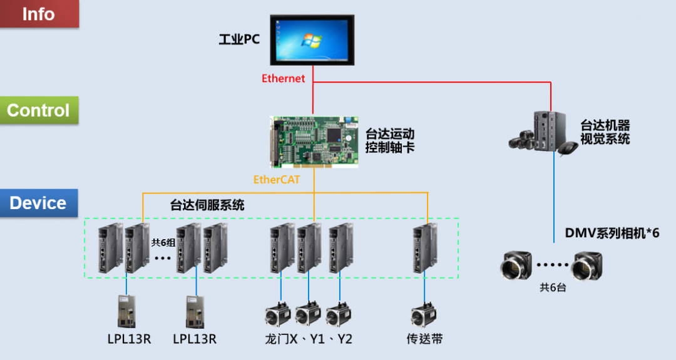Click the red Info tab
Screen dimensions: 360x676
[x=39, y=14]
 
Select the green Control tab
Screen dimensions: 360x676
[x=38, y=110]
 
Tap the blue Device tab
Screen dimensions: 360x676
[x=38, y=203]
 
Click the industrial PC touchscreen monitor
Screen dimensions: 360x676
[x=312, y=39]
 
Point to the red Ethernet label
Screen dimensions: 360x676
[x=283, y=78]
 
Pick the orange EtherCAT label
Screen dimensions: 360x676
[x=277, y=180]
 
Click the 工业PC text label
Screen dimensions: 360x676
[x=238, y=40]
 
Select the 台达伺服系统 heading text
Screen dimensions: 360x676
[x=207, y=205]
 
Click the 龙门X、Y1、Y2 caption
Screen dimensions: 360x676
[x=309, y=339]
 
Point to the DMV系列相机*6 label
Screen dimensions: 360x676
[x=612, y=233]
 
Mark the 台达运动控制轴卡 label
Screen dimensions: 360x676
[x=389, y=141]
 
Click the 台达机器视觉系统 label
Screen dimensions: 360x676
[x=605, y=132]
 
